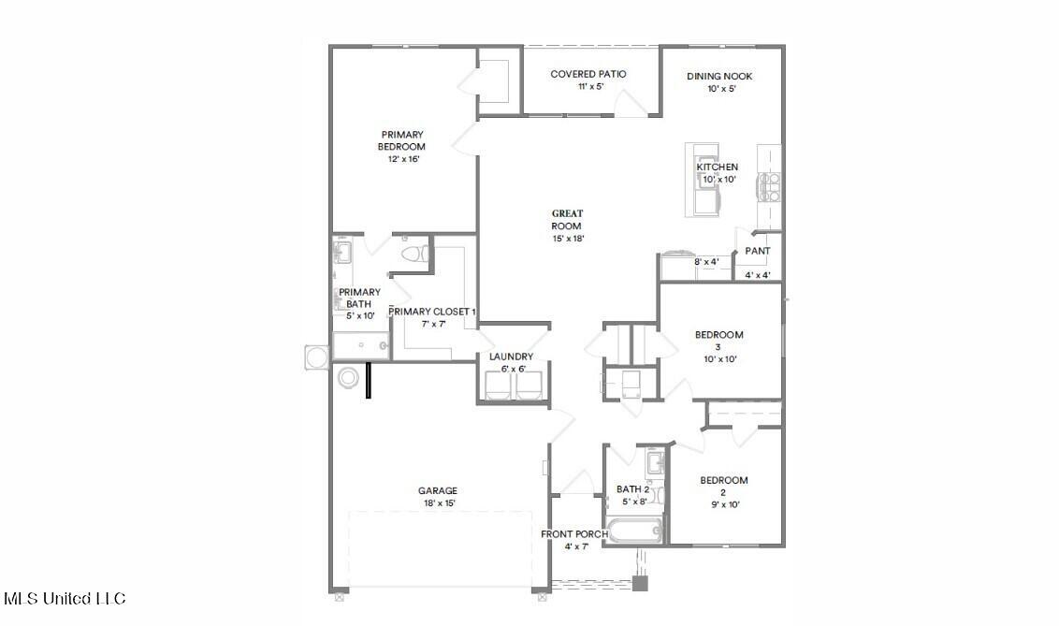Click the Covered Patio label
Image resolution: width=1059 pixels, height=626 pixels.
pyautogui.click(x=588, y=74)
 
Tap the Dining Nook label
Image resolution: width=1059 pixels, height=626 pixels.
pyautogui.click(x=719, y=77)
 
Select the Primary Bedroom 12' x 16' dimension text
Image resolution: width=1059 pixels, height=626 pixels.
pyautogui.click(x=402, y=159)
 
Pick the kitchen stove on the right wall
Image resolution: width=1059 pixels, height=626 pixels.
pyautogui.click(x=771, y=188)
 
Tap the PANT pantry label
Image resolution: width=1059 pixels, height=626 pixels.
pyautogui.click(x=758, y=251)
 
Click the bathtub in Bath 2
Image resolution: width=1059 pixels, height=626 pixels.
pyautogui.click(x=633, y=532)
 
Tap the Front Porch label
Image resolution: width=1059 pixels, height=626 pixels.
pyautogui.click(x=574, y=534)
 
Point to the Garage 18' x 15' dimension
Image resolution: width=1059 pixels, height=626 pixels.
pyautogui.click(x=438, y=503)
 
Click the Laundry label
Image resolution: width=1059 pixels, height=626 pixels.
pyautogui.click(x=511, y=357)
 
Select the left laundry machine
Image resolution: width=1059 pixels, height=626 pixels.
pyautogui.click(x=498, y=386)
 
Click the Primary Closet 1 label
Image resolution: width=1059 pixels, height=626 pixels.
pyautogui.click(x=432, y=312)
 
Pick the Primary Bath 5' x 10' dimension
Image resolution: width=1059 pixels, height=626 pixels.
pyautogui.click(x=359, y=316)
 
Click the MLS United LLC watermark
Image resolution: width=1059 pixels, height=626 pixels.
pyautogui.click(x=65, y=598)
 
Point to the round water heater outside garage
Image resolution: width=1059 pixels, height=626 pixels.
pyautogui.click(x=348, y=378)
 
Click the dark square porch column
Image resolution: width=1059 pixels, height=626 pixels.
pyautogui.click(x=640, y=583)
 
